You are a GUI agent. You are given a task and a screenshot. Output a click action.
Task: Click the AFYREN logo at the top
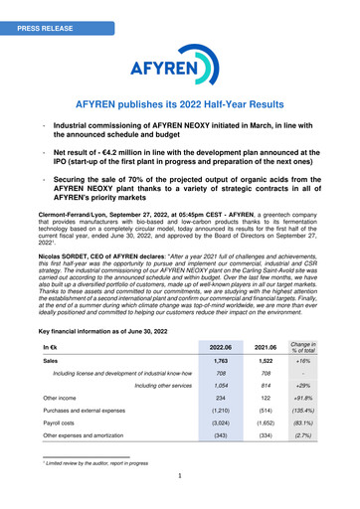(179, 66)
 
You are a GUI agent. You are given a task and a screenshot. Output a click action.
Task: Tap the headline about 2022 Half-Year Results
(179, 104)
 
